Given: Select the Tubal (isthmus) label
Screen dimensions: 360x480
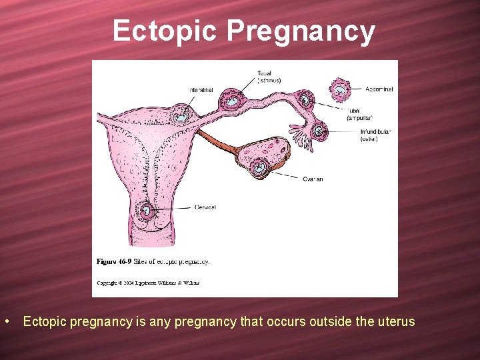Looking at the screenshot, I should [269, 77].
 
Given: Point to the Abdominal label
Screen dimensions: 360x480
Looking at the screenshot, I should [379, 89].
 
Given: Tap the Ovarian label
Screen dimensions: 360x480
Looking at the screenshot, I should [313, 179].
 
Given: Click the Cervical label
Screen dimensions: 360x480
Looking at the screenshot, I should [205, 207].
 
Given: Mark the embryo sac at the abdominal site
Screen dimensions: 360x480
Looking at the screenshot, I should [339, 89].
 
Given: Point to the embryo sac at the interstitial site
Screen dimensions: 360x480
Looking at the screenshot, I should [181, 115].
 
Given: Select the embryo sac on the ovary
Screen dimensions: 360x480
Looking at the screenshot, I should [260, 166].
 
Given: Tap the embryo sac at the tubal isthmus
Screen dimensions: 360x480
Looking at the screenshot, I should [233, 100].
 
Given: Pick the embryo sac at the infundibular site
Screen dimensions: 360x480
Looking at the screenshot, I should [319, 131].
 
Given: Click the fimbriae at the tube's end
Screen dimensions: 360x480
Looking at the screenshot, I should [303, 140].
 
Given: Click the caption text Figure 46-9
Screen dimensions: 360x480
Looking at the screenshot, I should [115, 261].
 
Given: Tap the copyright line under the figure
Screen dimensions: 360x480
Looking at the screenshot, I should [148, 283].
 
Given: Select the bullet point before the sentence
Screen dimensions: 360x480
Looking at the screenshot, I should [6, 322].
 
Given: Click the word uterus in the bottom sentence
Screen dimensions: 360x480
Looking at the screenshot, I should [395, 322].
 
